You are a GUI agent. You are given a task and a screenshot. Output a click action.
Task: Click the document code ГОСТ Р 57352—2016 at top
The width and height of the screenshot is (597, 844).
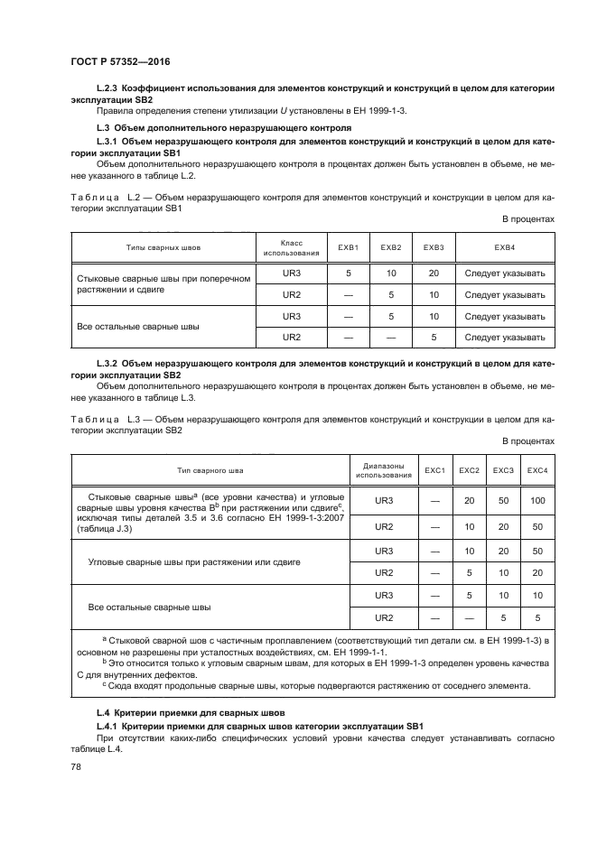[x=119, y=61]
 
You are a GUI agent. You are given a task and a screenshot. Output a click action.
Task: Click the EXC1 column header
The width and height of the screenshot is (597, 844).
[x=435, y=469]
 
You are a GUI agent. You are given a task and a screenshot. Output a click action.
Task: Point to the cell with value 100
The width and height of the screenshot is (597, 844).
[x=538, y=500]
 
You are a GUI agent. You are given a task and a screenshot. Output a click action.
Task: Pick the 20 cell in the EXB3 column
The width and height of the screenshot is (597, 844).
[x=434, y=273]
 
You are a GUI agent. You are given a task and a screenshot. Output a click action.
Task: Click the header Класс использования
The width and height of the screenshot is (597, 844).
[x=291, y=246]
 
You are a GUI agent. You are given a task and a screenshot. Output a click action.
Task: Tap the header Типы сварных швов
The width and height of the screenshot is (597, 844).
[x=163, y=246]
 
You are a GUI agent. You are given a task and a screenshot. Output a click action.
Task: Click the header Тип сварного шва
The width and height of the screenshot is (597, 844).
[x=210, y=469]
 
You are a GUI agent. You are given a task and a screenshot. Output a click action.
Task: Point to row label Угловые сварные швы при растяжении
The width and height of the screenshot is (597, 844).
[x=194, y=561]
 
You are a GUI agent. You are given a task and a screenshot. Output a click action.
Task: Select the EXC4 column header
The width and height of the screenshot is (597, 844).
[x=538, y=469]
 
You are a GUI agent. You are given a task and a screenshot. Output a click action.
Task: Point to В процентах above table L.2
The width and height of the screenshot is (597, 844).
[x=528, y=219]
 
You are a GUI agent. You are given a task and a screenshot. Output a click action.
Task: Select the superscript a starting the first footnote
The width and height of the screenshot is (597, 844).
[x=104, y=637]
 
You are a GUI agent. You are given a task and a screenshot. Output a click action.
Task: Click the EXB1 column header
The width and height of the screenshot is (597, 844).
[x=349, y=246]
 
